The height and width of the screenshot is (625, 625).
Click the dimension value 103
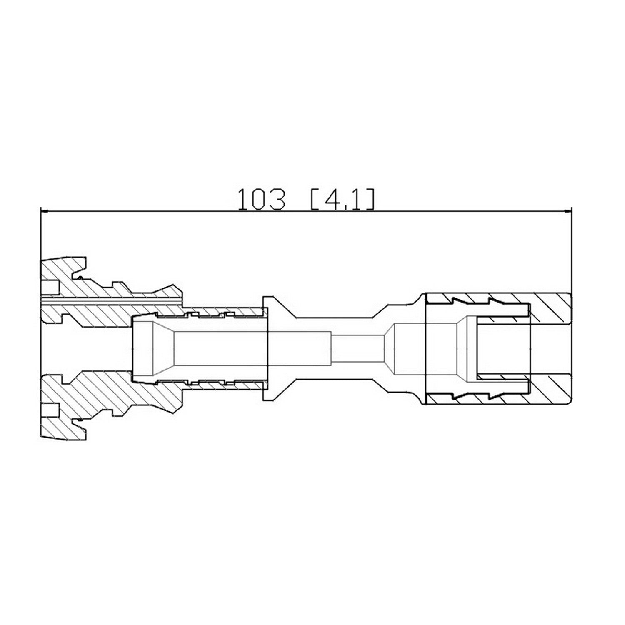click(x=262, y=200)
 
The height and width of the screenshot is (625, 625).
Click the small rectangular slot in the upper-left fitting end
click(x=50, y=286)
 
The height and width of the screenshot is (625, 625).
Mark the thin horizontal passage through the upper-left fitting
click(x=112, y=300)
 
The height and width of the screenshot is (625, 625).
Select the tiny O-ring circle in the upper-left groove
click(x=79, y=277)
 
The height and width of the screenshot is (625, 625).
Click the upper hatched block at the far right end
click(x=550, y=308)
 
